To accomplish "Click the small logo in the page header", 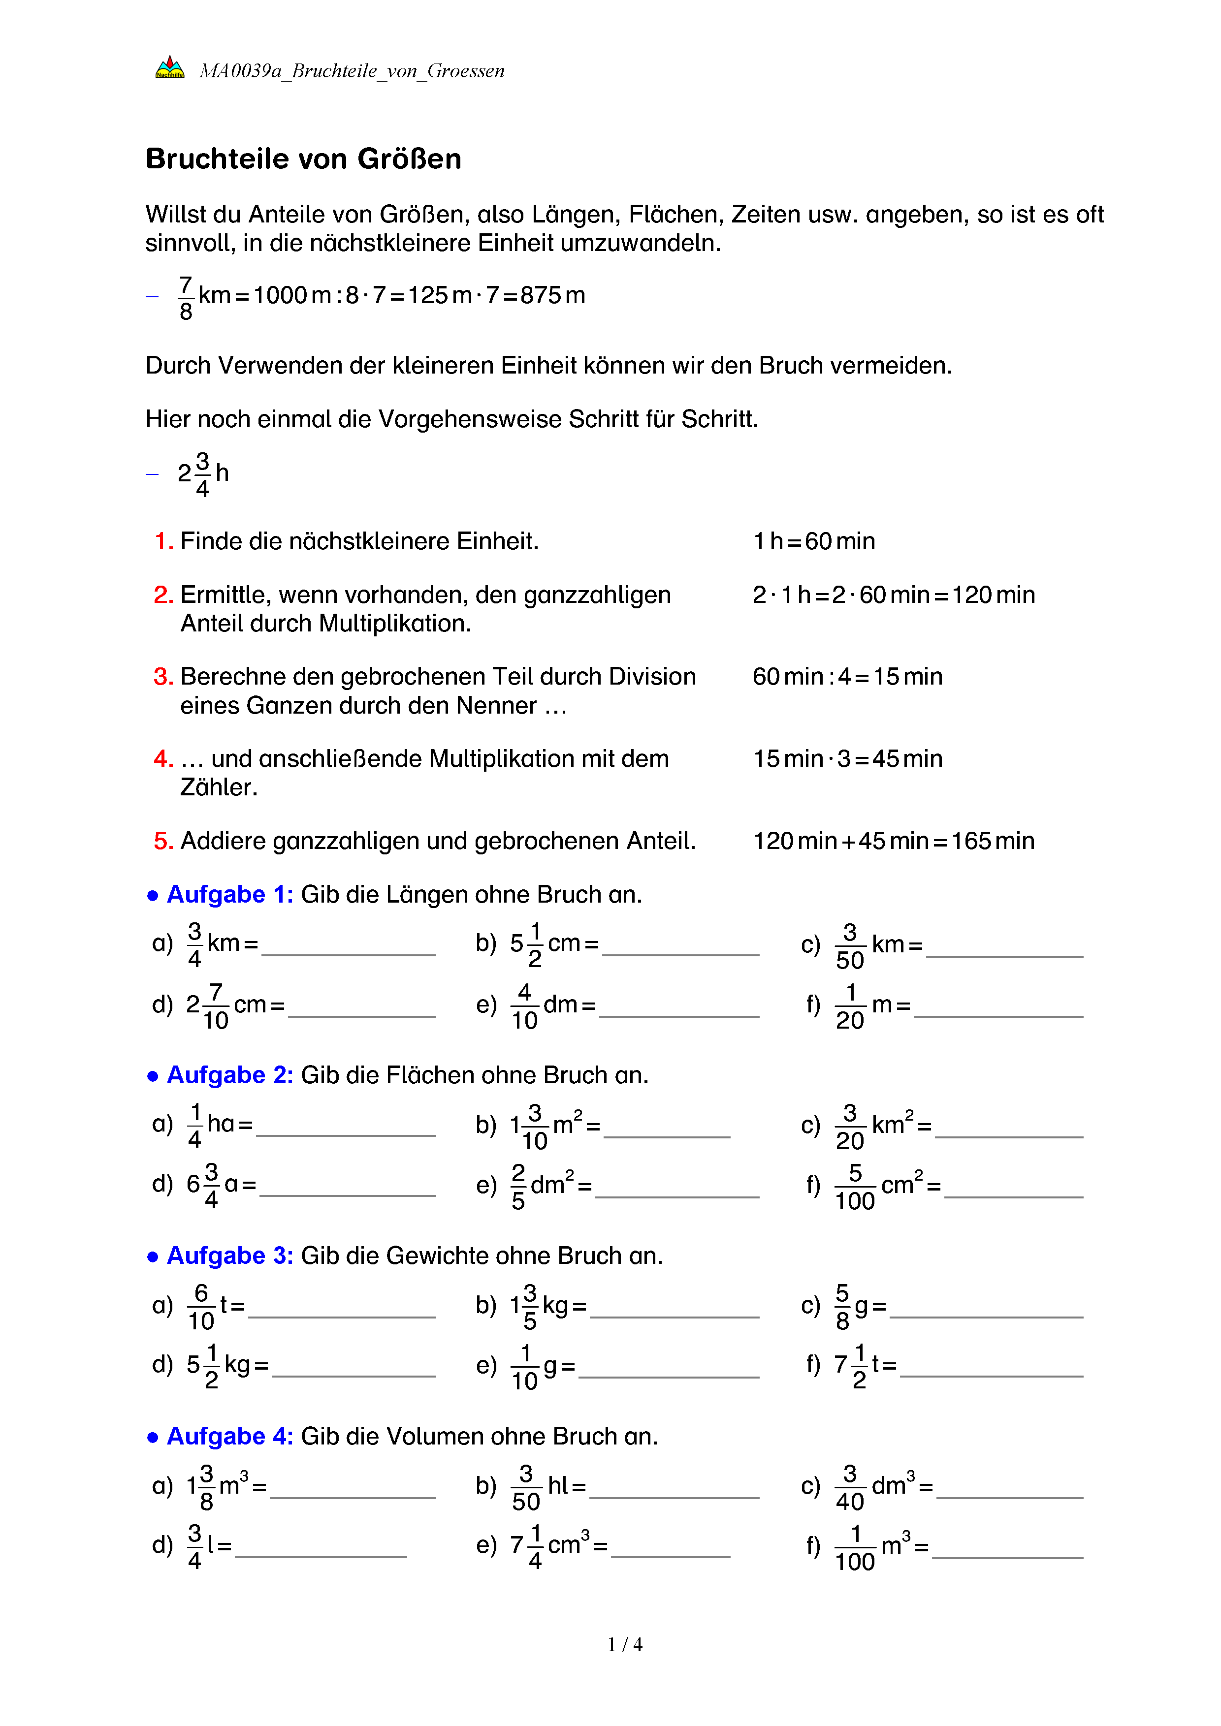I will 169,67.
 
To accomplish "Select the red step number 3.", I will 163,677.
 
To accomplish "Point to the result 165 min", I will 993,841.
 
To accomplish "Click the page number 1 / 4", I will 625,1645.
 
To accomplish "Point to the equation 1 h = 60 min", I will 814,541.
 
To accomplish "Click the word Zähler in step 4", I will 218,787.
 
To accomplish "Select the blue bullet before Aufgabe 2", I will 153,1076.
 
